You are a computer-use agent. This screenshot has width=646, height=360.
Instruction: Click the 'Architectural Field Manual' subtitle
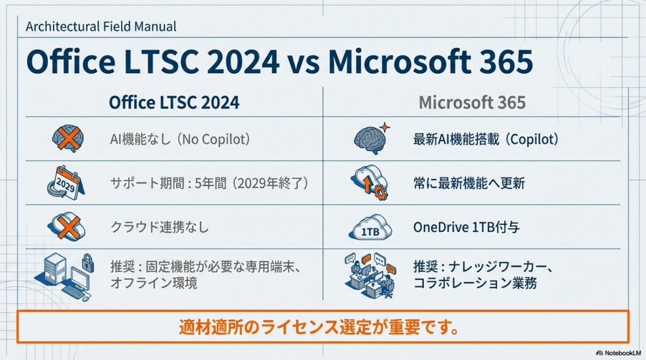[x=101, y=26]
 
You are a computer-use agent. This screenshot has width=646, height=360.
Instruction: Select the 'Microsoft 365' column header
[x=473, y=102]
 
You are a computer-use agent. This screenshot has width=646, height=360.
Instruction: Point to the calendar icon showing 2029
[x=66, y=183]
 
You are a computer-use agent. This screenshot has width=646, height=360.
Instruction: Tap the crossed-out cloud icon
[x=65, y=226]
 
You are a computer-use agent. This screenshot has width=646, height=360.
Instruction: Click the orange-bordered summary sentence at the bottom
[x=322, y=328]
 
